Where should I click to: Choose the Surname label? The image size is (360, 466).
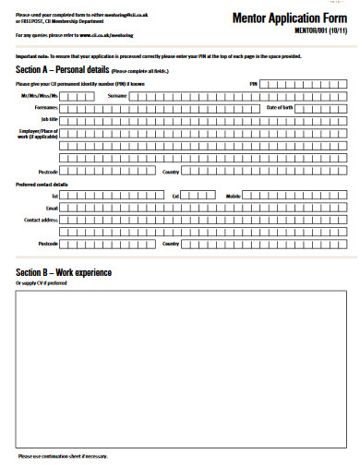(x=117, y=95)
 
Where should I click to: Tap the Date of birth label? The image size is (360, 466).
(x=279, y=107)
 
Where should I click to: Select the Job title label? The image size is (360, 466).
(x=47, y=119)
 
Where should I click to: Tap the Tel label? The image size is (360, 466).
(x=54, y=197)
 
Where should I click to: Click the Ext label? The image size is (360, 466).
(x=175, y=197)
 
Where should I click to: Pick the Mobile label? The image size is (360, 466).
(x=234, y=197)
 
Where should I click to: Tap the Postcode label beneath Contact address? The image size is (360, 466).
(x=48, y=244)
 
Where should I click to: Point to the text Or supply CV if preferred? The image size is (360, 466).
(x=42, y=283)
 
